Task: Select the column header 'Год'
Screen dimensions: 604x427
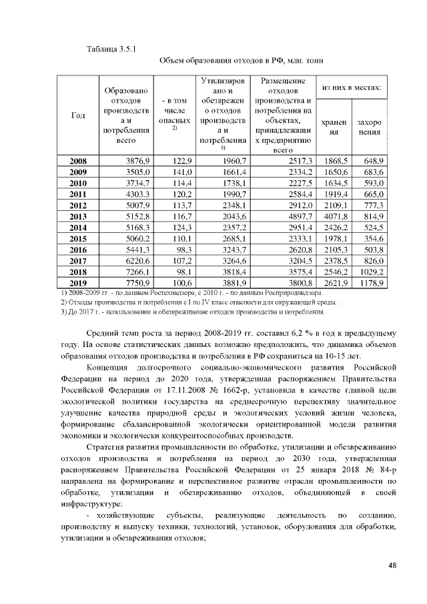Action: (x=77, y=116)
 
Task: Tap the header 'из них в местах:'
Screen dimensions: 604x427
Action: (x=352, y=87)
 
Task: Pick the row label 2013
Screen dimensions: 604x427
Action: (x=78, y=217)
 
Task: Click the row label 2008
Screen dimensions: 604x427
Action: (x=78, y=161)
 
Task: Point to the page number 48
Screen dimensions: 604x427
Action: (x=392, y=566)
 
